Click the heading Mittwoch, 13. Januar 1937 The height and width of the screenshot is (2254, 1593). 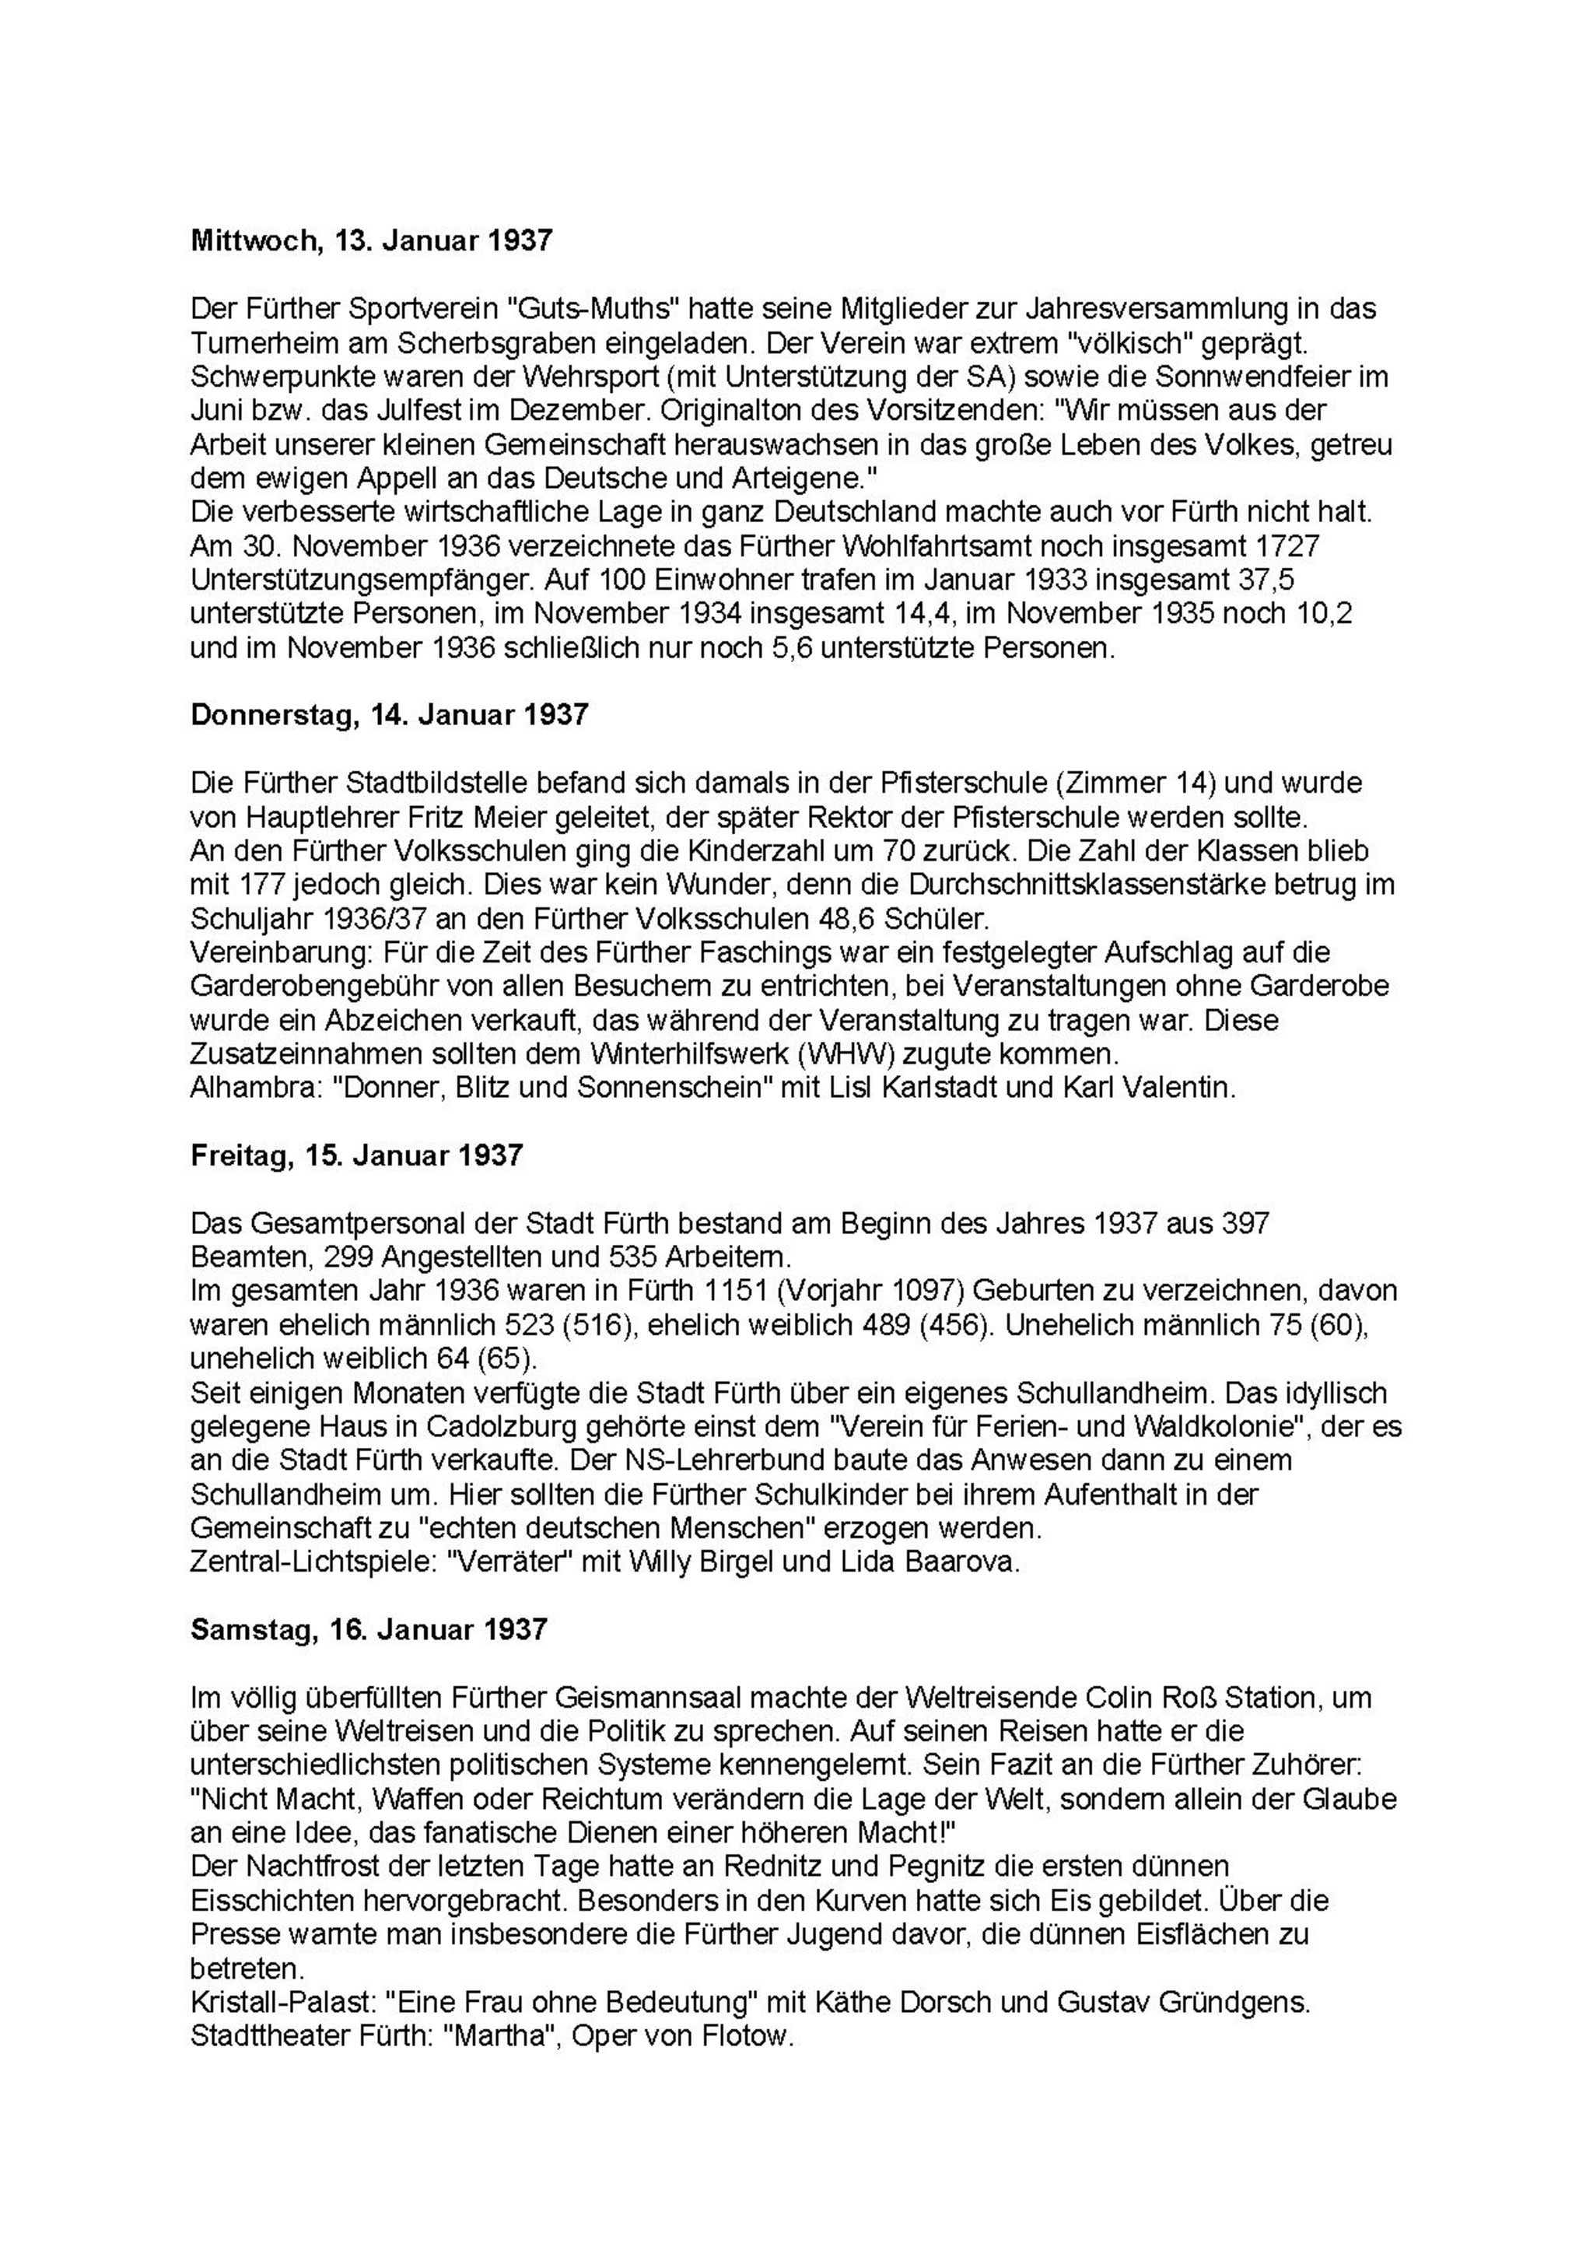371,240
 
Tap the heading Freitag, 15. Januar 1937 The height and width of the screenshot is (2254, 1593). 356,1155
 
